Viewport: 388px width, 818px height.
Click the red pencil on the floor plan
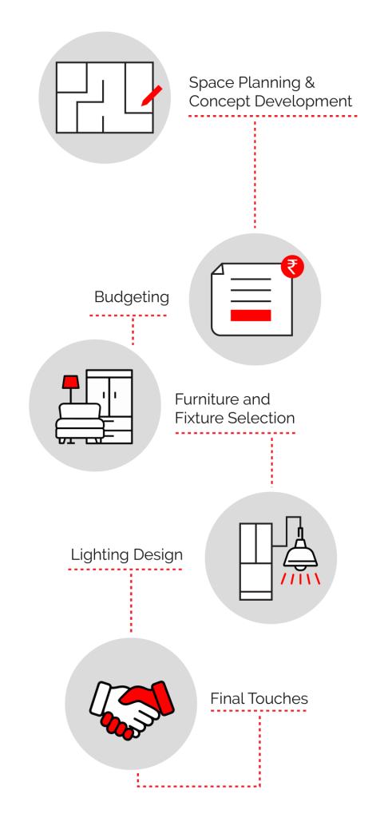coord(152,96)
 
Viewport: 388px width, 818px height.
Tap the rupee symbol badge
coord(292,267)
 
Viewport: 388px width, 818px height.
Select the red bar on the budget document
coord(251,315)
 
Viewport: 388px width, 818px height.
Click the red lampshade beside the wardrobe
coord(70,382)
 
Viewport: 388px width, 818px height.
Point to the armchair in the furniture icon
coord(79,423)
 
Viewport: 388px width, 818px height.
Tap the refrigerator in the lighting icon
coord(256,562)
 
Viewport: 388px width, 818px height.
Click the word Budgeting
coord(132,298)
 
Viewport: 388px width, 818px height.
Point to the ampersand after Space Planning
coord(309,83)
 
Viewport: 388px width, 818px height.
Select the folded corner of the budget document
coord(217,268)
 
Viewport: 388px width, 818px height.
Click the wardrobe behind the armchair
coord(109,407)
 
